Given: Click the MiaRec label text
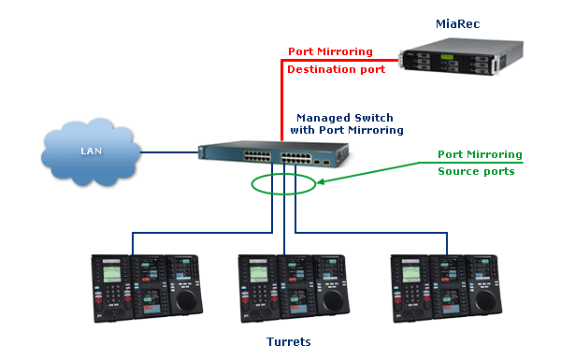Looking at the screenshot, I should tap(457, 22).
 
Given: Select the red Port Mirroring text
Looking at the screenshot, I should tap(329, 51).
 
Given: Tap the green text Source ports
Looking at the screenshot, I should tap(476, 172).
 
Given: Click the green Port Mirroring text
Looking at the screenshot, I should tap(481, 154).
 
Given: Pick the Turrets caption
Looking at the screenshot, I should tap(287, 342).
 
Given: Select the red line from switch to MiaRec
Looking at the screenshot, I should tap(282, 94).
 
